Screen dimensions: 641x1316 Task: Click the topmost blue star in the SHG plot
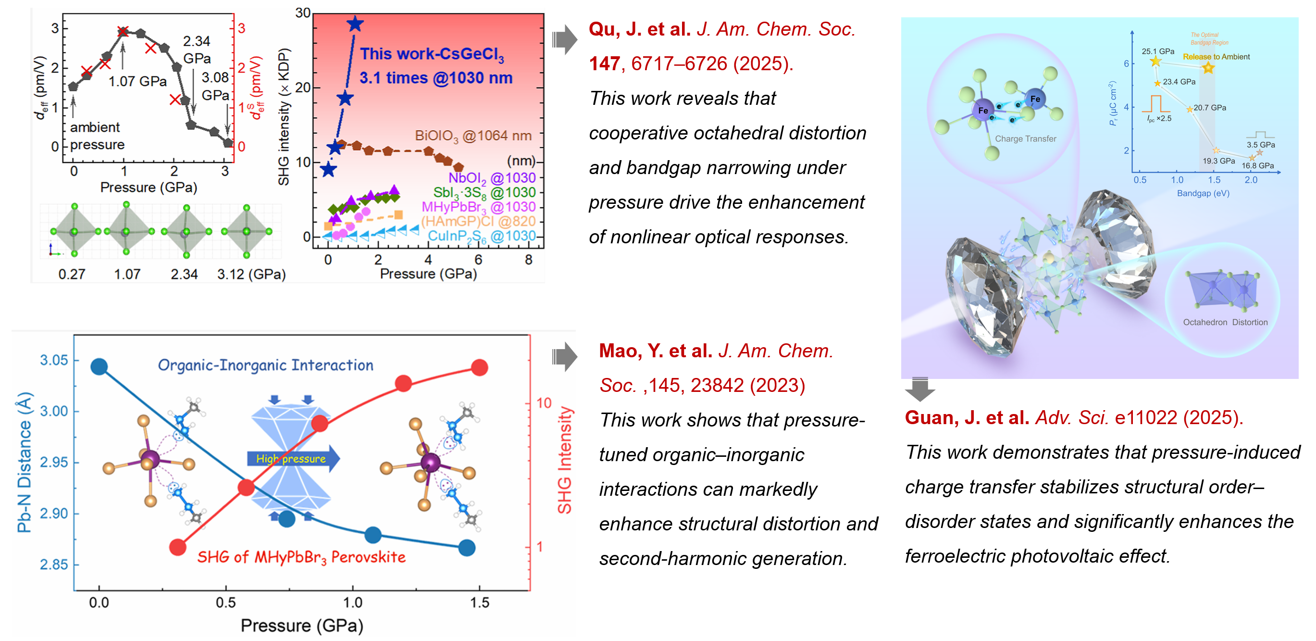pos(355,24)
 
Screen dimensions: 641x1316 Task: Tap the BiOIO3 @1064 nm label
pos(472,136)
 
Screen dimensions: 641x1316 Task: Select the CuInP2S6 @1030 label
pos(481,236)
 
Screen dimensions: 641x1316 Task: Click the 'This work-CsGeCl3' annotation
pos(432,54)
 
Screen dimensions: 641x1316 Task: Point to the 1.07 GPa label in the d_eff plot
pos(137,81)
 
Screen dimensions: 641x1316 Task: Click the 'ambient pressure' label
pos(97,136)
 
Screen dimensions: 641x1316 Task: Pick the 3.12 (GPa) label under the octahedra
pos(251,275)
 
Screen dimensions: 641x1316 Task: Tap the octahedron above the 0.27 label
pos(74,232)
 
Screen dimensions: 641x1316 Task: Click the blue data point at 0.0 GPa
pos(99,366)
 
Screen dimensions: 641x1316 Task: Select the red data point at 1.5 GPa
pos(479,367)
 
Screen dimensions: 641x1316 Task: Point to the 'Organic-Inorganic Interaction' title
pos(265,365)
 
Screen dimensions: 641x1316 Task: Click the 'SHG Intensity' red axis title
pos(564,460)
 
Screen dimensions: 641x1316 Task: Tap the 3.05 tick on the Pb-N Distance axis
pos(54,360)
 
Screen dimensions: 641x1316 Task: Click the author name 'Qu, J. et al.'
pos(640,29)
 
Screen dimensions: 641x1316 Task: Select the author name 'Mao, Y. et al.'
pos(655,351)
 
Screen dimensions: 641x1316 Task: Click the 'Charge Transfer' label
pos(1025,138)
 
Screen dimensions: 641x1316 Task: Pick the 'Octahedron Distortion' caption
pos(1225,322)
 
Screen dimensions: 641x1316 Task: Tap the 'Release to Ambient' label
pos(1216,57)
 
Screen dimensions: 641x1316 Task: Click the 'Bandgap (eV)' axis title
pos(1203,193)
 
